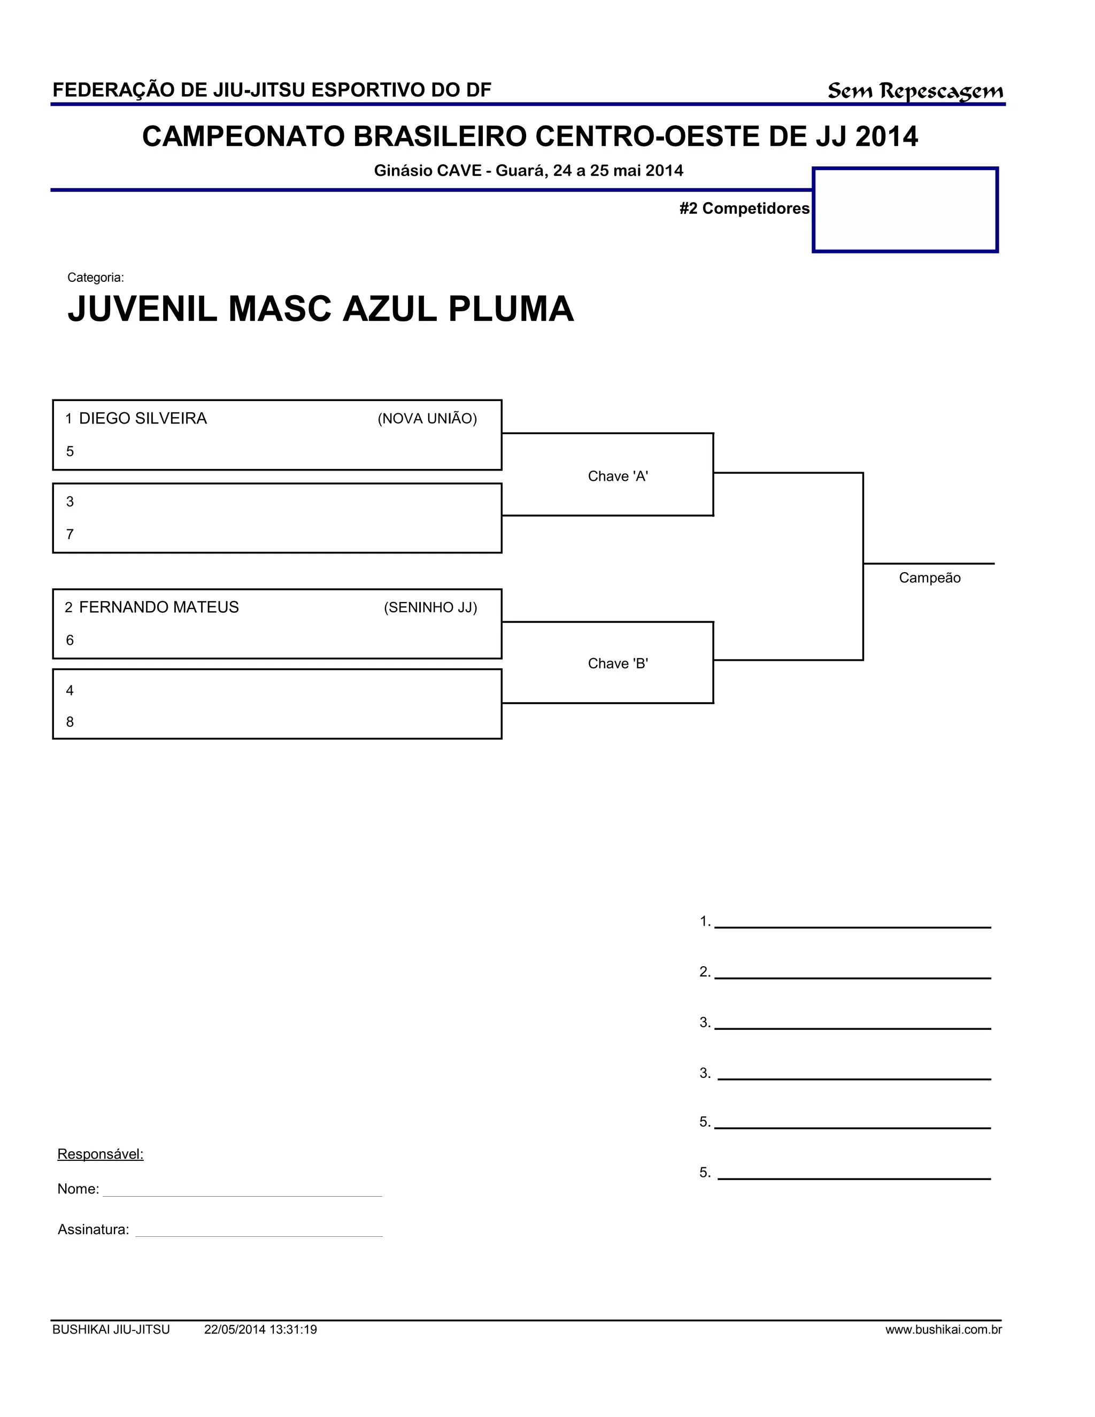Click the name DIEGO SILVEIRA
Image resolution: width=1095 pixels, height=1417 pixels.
[143, 419]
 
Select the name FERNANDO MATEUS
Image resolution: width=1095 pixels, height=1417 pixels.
[158, 607]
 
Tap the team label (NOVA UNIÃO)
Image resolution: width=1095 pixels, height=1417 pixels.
[427, 419]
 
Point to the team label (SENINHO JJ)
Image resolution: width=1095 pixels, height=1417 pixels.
[430, 608]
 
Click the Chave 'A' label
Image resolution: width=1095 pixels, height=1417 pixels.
[618, 476]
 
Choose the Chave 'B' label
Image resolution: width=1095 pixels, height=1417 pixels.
[618, 663]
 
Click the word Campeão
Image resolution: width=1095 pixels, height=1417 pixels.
[929, 578]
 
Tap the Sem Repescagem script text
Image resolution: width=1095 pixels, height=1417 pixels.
[915, 91]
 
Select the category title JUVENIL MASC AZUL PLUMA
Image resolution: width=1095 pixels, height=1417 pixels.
[320, 309]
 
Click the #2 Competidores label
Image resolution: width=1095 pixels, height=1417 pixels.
[744, 208]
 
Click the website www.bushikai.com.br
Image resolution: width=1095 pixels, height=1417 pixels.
[943, 1330]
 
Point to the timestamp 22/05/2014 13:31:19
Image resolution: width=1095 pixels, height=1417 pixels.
[260, 1330]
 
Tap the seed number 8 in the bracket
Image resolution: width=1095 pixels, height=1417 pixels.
[70, 722]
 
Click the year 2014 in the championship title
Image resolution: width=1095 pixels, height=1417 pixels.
[886, 137]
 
